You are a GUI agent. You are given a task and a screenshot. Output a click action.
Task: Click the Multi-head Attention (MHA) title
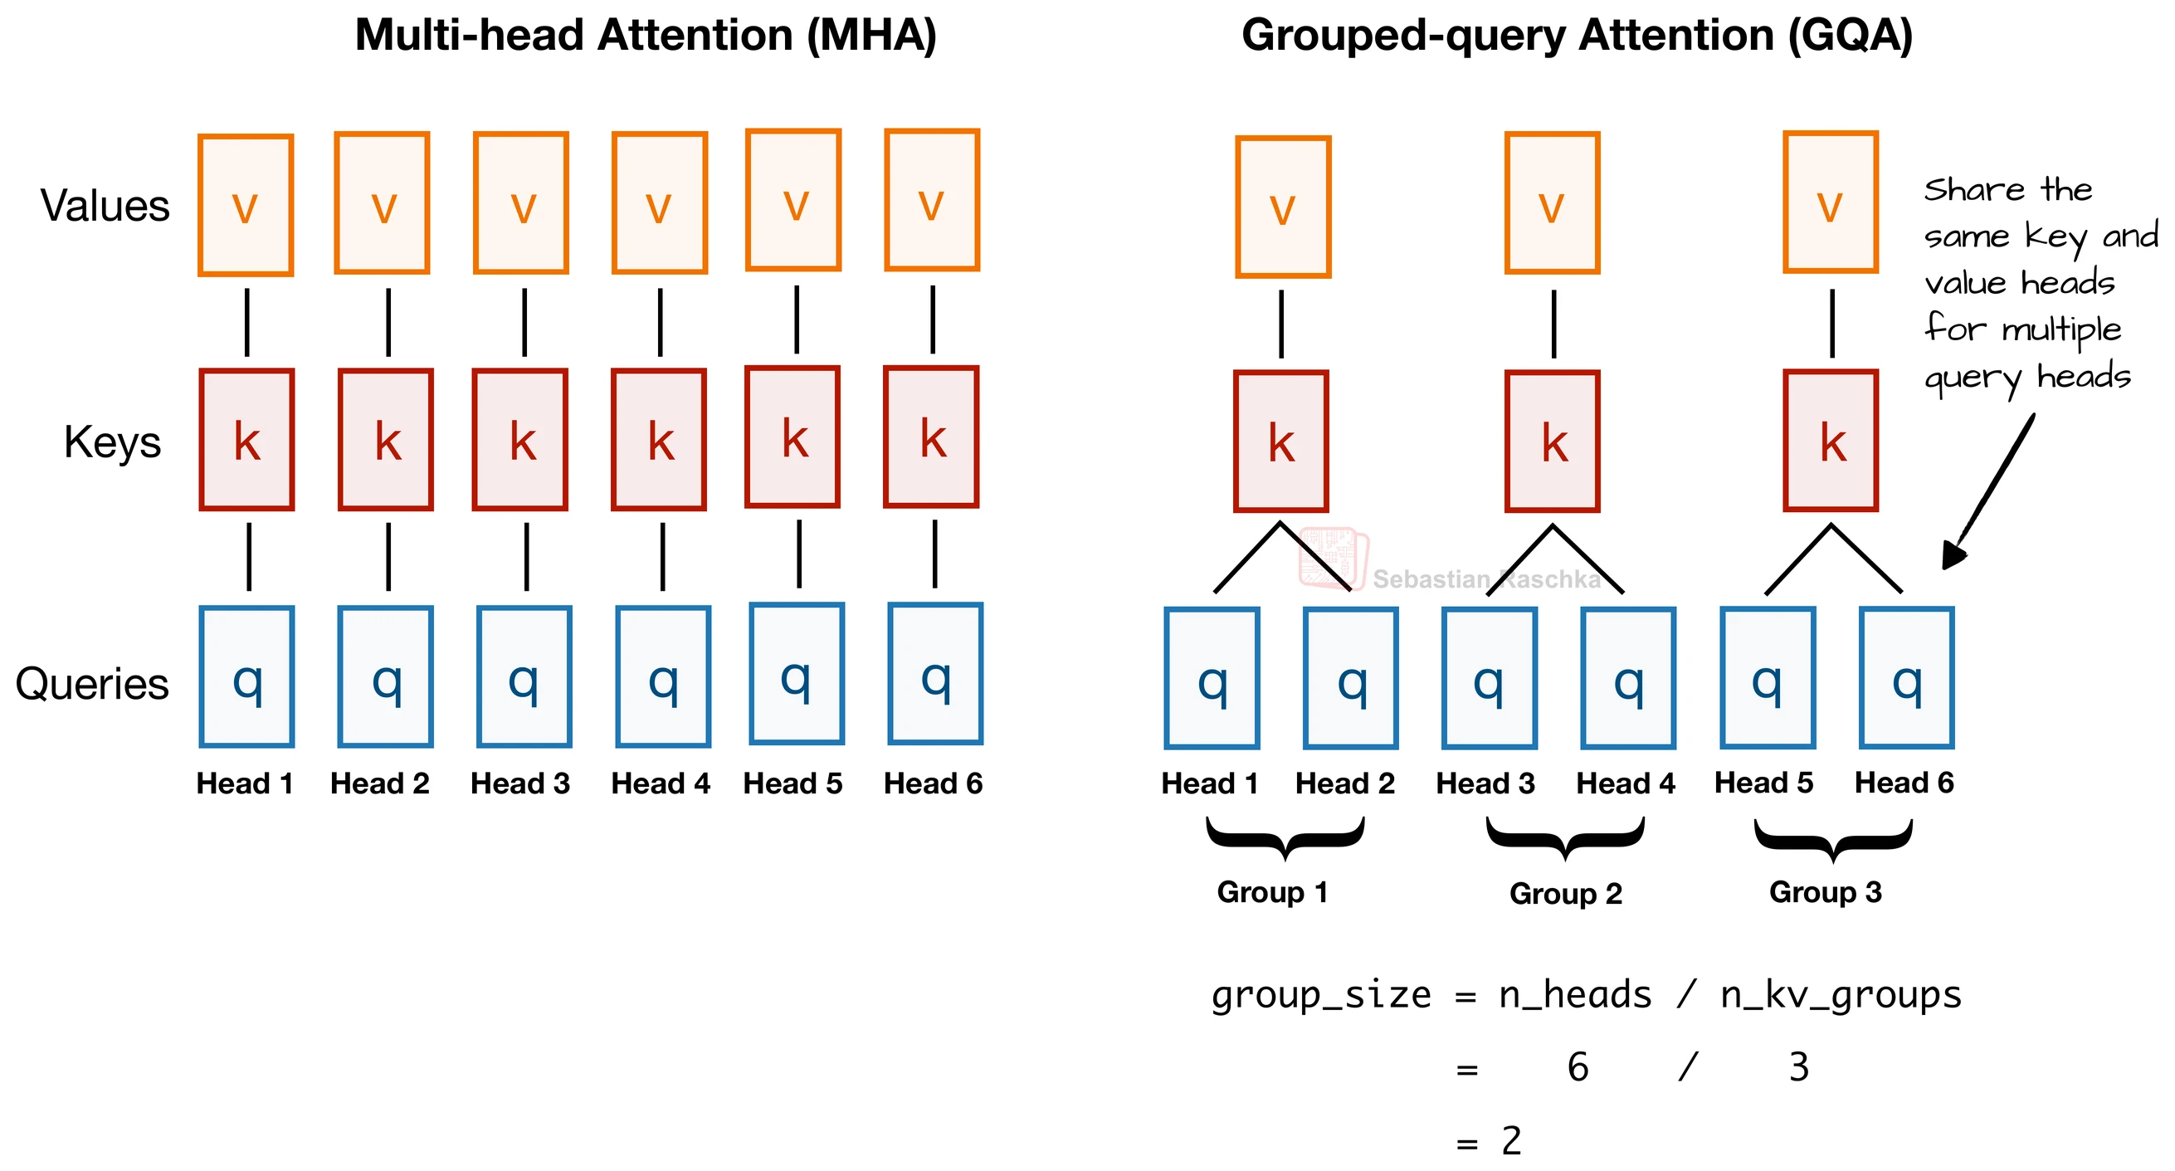click(x=645, y=36)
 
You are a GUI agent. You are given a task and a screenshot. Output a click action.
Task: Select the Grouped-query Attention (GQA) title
click(x=1577, y=36)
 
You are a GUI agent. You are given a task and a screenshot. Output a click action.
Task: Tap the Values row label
click(x=105, y=206)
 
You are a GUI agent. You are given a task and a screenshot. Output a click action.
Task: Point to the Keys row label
click(x=112, y=442)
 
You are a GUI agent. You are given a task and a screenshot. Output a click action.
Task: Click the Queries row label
click(x=92, y=684)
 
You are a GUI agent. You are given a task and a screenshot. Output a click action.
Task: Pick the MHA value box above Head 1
click(x=246, y=205)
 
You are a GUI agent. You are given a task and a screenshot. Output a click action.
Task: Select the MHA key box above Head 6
click(x=931, y=437)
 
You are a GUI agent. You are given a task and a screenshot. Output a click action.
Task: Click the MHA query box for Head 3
click(x=524, y=677)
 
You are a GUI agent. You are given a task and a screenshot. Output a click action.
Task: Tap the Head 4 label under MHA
click(x=661, y=784)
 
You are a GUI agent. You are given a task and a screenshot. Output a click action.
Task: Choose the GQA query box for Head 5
click(x=1768, y=678)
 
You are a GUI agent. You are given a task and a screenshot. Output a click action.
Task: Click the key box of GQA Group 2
click(x=1552, y=442)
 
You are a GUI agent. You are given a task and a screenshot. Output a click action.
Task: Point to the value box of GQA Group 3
click(x=1831, y=202)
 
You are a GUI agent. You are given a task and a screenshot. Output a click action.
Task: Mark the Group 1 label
click(x=1272, y=892)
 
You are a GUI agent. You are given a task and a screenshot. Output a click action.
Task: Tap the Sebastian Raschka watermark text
click(x=1486, y=579)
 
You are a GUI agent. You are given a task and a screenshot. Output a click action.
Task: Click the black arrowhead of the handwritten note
click(x=1952, y=556)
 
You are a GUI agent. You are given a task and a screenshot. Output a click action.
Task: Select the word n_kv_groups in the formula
click(x=1841, y=995)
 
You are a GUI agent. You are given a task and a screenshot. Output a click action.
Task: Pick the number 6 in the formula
click(x=1578, y=1068)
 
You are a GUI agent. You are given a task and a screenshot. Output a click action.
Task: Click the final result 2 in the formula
click(x=1510, y=1141)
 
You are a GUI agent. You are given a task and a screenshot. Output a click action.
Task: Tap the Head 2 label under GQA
click(x=1345, y=784)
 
